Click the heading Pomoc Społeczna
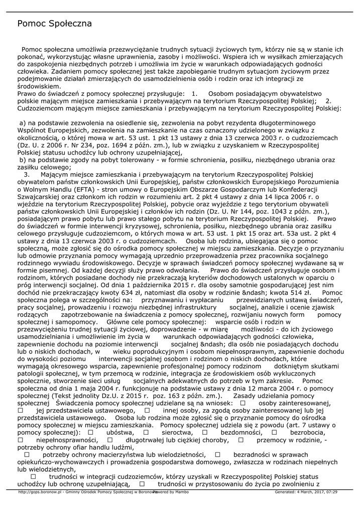54,24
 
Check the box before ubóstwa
91,432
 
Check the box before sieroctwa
146,432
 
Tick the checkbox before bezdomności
205,432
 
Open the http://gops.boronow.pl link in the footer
39,492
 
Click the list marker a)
22,123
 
